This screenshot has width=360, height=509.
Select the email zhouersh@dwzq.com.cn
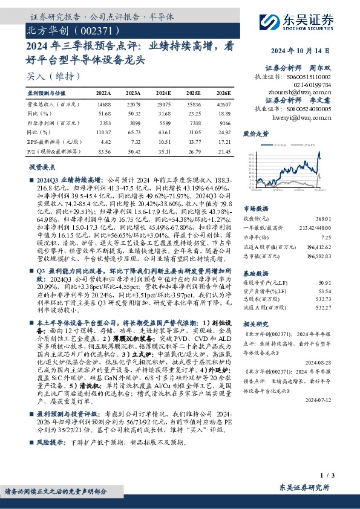(309, 92)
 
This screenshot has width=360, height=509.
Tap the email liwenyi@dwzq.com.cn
(309, 117)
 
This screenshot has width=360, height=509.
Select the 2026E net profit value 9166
(222, 122)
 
